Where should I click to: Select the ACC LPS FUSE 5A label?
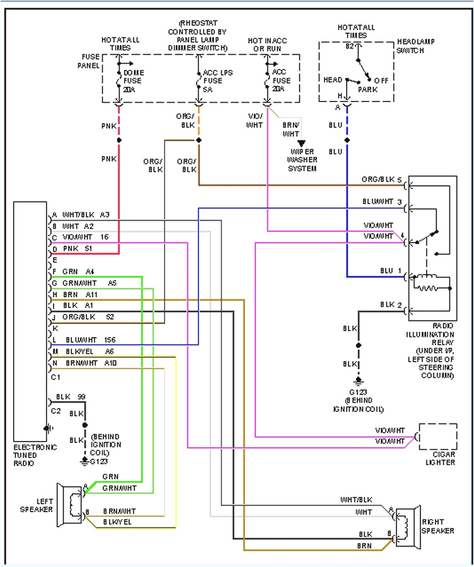[217, 81]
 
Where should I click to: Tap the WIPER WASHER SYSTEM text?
[302, 160]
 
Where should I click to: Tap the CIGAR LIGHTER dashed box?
[438, 437]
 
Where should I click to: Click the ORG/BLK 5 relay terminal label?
[381, 180]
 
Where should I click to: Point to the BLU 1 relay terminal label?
[390, 271]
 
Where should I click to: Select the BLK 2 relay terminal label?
[390, 305]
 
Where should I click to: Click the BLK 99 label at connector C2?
[71, 396]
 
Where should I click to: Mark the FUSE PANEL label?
[88, 60]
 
